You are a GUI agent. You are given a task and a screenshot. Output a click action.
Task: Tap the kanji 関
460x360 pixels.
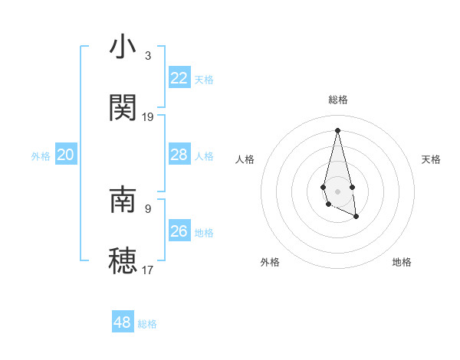click(123, 108)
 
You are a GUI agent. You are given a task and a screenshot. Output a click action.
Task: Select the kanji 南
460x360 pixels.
click(123, 200)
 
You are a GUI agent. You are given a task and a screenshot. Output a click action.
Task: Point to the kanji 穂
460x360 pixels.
click(123, 260)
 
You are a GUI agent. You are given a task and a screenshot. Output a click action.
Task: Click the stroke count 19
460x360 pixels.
click(148, 116)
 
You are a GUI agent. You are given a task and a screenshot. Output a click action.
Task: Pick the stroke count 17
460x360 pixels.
click(148, 269)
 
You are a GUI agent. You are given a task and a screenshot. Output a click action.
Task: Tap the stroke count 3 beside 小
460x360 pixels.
click(148, 56)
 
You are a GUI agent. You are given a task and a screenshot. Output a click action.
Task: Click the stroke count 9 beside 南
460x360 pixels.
click(148, 208)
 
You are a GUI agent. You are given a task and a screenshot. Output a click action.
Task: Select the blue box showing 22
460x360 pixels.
click(179, 78)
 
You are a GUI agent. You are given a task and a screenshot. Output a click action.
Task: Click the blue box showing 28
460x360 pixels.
click(179, 155)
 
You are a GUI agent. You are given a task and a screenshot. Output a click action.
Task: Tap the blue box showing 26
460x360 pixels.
click(179, 231)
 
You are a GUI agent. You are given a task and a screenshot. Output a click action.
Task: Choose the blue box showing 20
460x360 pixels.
click(66, 155)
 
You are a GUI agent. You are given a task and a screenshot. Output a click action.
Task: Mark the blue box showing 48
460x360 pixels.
click(123, 322)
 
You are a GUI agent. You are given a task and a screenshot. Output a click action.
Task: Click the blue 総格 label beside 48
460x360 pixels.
click(147, 324)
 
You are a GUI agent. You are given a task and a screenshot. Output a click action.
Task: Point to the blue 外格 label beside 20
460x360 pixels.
click(41, 156)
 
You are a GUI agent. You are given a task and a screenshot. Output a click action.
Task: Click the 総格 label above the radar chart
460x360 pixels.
click(338, 100)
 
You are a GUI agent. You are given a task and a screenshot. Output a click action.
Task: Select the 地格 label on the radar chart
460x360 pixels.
click(402, 262)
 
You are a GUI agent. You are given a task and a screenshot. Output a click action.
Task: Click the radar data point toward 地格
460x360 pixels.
click(357, 218)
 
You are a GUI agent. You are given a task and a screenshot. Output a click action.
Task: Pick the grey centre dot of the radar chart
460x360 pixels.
click(338, 191)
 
